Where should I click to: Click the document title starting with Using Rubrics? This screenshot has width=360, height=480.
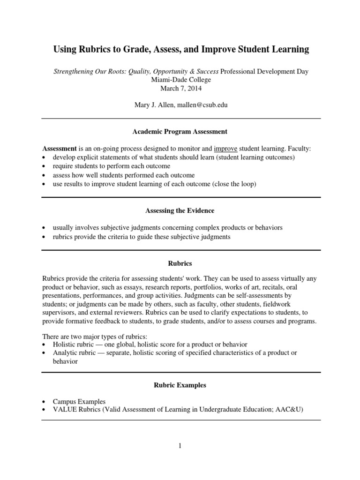pos(181,49)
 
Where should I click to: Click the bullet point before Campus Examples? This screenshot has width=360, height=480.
pos(44,402)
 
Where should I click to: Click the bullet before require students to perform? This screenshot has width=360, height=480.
pos(44,166)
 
